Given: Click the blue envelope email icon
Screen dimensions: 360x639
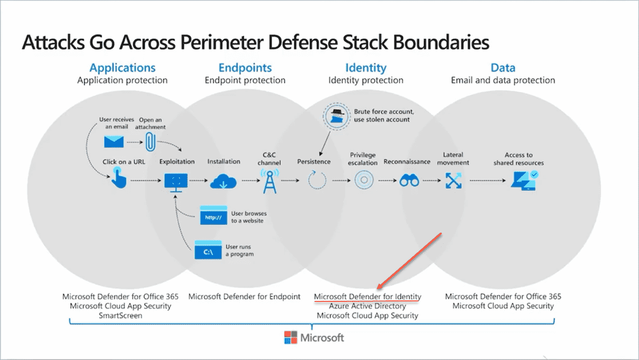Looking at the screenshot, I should [114, 141].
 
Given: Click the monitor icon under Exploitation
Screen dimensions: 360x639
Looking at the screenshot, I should [175, 182].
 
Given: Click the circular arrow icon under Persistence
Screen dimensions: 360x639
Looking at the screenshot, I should [317, 181].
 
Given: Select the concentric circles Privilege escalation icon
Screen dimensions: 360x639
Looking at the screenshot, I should [364, 181].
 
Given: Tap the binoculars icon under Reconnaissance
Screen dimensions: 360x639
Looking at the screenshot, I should [409, 181].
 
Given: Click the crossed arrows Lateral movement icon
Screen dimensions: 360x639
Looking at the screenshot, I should [454, 181].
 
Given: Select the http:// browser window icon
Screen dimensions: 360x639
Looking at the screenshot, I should [214, 216].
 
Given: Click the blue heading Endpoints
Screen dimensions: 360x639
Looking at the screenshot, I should [245, 68].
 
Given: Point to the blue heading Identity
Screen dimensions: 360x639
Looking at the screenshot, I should [365, 68].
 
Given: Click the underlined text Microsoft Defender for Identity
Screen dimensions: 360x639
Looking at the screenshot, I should [367, 297].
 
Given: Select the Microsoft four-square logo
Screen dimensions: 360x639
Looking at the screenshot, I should [290, 338].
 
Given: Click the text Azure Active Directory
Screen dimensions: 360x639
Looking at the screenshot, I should [367, 306].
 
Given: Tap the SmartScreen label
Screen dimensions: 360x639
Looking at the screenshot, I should [120, 315].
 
